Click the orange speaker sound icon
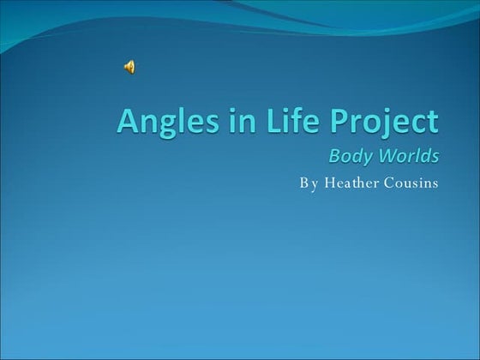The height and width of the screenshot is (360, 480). click(129, 68)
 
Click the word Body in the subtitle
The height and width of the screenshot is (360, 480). click(350, 157)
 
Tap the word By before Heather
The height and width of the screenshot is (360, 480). click(308, 183)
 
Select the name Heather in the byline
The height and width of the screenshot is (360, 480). click(351, 183)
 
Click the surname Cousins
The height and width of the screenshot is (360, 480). click(411, 183)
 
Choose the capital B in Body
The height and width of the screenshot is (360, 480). click(335, 156)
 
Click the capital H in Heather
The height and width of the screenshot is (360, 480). click(328, 183)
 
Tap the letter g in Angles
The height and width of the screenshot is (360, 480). click(168, 126)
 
